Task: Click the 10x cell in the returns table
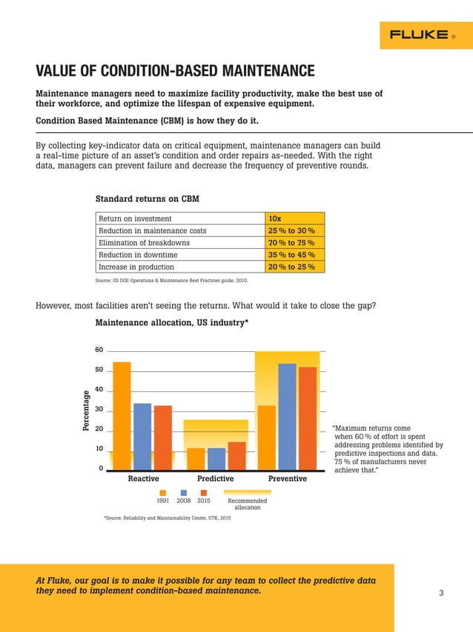294,218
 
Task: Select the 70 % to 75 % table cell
294,243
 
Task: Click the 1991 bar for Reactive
122,415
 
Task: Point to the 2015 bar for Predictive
236,456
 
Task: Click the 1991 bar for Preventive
266,437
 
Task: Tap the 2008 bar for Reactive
142,437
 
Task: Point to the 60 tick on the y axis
99,350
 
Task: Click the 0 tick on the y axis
100,469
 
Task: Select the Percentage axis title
86,411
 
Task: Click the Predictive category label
215,480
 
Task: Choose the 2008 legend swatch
183,492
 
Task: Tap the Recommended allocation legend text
247,504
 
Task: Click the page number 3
441,593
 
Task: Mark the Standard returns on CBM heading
147,199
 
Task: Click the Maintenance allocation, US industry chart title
171,323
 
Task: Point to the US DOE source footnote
178,281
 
